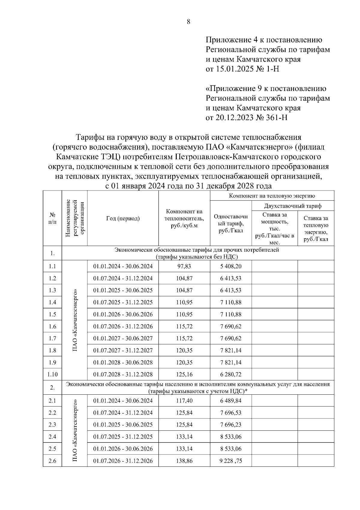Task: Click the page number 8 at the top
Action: [x=188, y=22]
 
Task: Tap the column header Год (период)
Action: [x=123, y=218]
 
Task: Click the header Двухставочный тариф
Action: [x=292, y=206]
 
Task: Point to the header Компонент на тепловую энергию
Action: [x=272, y=196]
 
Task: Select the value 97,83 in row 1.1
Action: [x=184, y=266]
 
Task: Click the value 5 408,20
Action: [x=230, y=266]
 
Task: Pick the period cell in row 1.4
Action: [x=123, y=302]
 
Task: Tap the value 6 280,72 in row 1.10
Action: [x=230, y=375]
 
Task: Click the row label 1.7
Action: [x=52, y=338]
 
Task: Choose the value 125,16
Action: [x=184, y=375]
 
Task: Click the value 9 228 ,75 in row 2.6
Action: [x=230, y=461]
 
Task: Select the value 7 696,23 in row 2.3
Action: [x=230, y=425]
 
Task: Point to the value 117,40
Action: [x=184, y=401]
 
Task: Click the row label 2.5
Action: [x=52, y=449]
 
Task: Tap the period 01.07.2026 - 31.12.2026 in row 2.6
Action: [x=123, y=461]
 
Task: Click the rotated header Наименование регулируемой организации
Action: [x=74, y=218]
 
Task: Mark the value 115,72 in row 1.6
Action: [x=184, y=326]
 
